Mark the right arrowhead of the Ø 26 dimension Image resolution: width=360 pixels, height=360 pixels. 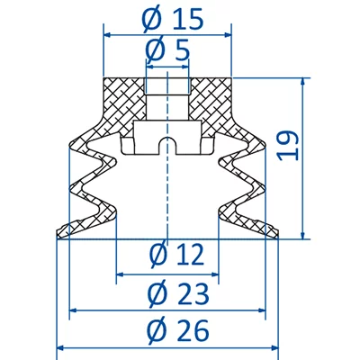click(x=275, y=347)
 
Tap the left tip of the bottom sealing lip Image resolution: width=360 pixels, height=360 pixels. click(x=59, y=236)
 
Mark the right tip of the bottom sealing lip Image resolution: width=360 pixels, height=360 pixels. click(x=277, y=236)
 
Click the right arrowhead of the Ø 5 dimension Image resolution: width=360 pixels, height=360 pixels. click(x=185, y=67)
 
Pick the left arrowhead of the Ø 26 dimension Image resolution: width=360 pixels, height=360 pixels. click(x=61, y=347)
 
